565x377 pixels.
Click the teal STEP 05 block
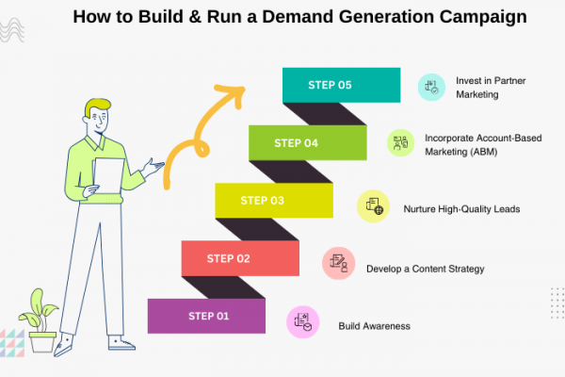click(341, 85)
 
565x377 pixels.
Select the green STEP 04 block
click(308, 143)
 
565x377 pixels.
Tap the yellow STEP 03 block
click(274, 201)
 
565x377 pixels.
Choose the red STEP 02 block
click(240, 258)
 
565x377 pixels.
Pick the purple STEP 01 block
click(206, 316)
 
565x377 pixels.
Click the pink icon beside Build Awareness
click(302, 322)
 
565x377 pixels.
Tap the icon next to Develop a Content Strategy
click(338, 263)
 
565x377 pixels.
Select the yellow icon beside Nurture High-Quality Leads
click(373, 206)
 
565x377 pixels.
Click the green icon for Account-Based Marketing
click(401, 143)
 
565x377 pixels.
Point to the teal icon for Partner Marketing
click(431, 88)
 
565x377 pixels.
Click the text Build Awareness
click(375, 326)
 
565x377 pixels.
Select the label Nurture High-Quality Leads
click(461, 209)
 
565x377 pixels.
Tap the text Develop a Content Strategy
click(426, 270)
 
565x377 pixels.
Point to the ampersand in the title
click(195, 17)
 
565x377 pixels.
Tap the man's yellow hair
click(97, 107)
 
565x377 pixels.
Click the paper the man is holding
click(108, 175)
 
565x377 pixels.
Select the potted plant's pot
click(42, 342)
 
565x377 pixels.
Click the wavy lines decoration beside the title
click(12, 30)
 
